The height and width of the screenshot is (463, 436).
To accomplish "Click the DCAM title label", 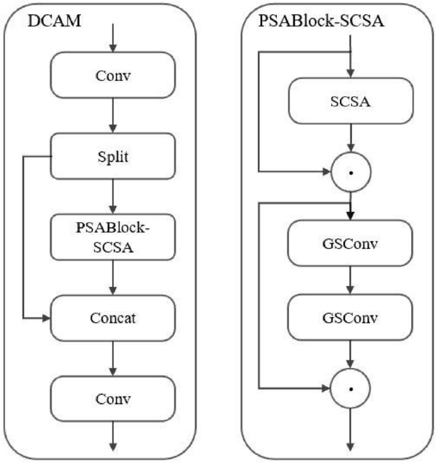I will point(53,22).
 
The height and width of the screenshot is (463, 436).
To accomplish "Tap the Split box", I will point(112,155).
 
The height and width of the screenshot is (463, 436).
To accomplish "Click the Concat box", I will point(112,317).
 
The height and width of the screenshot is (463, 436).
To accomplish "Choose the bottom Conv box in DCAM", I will point(112,399).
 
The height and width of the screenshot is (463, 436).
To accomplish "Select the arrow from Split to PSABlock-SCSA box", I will point(112,196).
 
